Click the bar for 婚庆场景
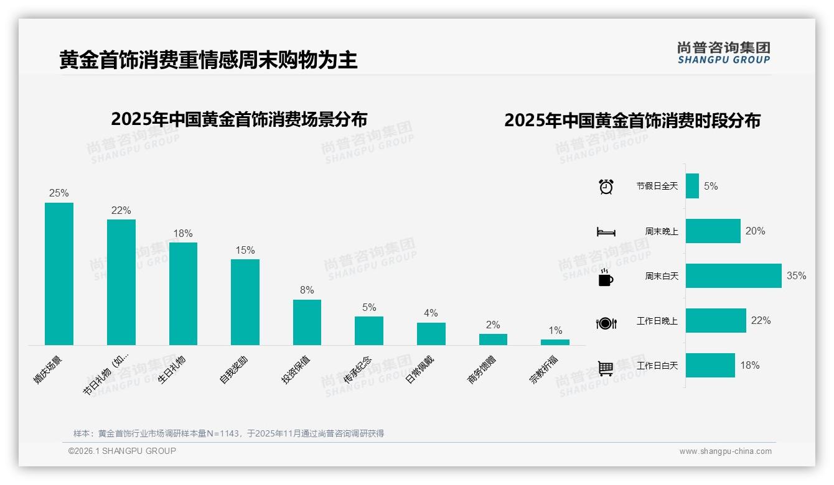[x=59, y=274]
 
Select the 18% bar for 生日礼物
[x=183, y=293]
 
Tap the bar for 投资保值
[x=307, y=322]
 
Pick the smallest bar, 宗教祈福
[x=555, y=342]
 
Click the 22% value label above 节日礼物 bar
[x=121, y=210]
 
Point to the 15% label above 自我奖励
[x=245, y=250]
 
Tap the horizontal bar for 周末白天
[x=733, y=276]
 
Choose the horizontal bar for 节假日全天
[x=692, y=186]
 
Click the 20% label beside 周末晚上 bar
[x=755, y=231]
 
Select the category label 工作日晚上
[x=657, y=321]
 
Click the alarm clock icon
[x=606, y=186]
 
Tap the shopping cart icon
[x=606, y=368]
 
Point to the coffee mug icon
[x=606, y=277]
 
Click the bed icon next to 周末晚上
[x=606, y=232]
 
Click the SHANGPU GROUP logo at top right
[x=724, y=53]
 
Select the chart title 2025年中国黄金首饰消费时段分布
[x=632, y=121]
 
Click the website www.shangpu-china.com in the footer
[x=725, y=451]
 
